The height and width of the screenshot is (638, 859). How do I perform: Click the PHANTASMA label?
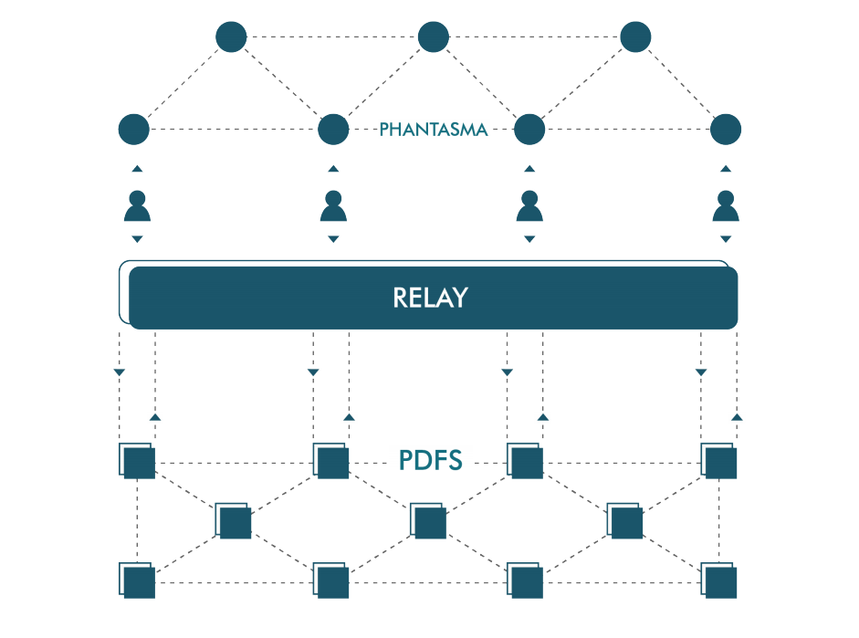433,130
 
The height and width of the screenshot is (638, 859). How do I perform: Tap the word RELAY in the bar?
430,298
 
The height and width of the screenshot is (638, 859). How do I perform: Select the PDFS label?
431,460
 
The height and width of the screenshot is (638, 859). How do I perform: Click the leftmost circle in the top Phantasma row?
232,37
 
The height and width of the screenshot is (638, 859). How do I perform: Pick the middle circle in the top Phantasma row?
434,37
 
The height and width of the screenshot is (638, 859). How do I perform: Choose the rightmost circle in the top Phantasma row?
635,37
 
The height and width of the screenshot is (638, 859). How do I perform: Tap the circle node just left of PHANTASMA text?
333,129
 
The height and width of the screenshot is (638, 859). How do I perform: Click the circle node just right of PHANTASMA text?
529,129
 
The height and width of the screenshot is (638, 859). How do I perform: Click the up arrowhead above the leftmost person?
137,169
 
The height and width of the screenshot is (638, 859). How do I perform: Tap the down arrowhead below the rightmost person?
726,239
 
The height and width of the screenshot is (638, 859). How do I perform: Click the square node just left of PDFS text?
331,462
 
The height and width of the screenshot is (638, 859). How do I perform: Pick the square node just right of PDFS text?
526,462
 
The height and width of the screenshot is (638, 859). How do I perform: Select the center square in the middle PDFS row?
428,521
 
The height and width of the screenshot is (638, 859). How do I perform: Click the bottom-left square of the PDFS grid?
137,580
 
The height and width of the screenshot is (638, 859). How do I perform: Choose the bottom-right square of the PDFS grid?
719,580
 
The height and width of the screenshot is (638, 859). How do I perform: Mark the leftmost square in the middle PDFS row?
234,521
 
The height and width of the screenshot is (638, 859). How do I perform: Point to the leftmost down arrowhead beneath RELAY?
119,371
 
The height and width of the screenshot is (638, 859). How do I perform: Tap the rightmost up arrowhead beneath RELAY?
737,416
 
